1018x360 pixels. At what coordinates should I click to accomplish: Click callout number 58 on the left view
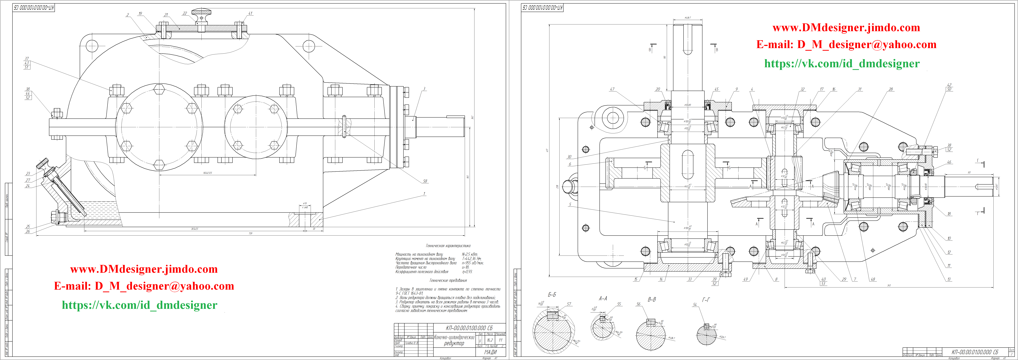pos(425,181)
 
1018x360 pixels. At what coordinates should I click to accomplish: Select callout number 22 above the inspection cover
pos(185,13)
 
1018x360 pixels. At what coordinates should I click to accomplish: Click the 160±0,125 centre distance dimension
pos(207,173)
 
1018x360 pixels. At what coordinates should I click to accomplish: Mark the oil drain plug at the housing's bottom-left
pos(55,217)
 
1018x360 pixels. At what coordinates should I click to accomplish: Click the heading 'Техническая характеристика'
pos(448,246)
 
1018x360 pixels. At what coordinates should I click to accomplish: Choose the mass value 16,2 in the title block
pos(490,340)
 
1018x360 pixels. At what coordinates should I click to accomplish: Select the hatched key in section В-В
pos(650,322)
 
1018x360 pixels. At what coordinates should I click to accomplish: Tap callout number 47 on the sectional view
pos(612,89)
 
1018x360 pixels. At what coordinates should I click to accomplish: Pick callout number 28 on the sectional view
pos(891,89)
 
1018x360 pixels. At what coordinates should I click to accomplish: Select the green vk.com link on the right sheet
pos(842,64)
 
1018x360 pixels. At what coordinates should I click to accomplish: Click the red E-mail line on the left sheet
pos(144,286)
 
